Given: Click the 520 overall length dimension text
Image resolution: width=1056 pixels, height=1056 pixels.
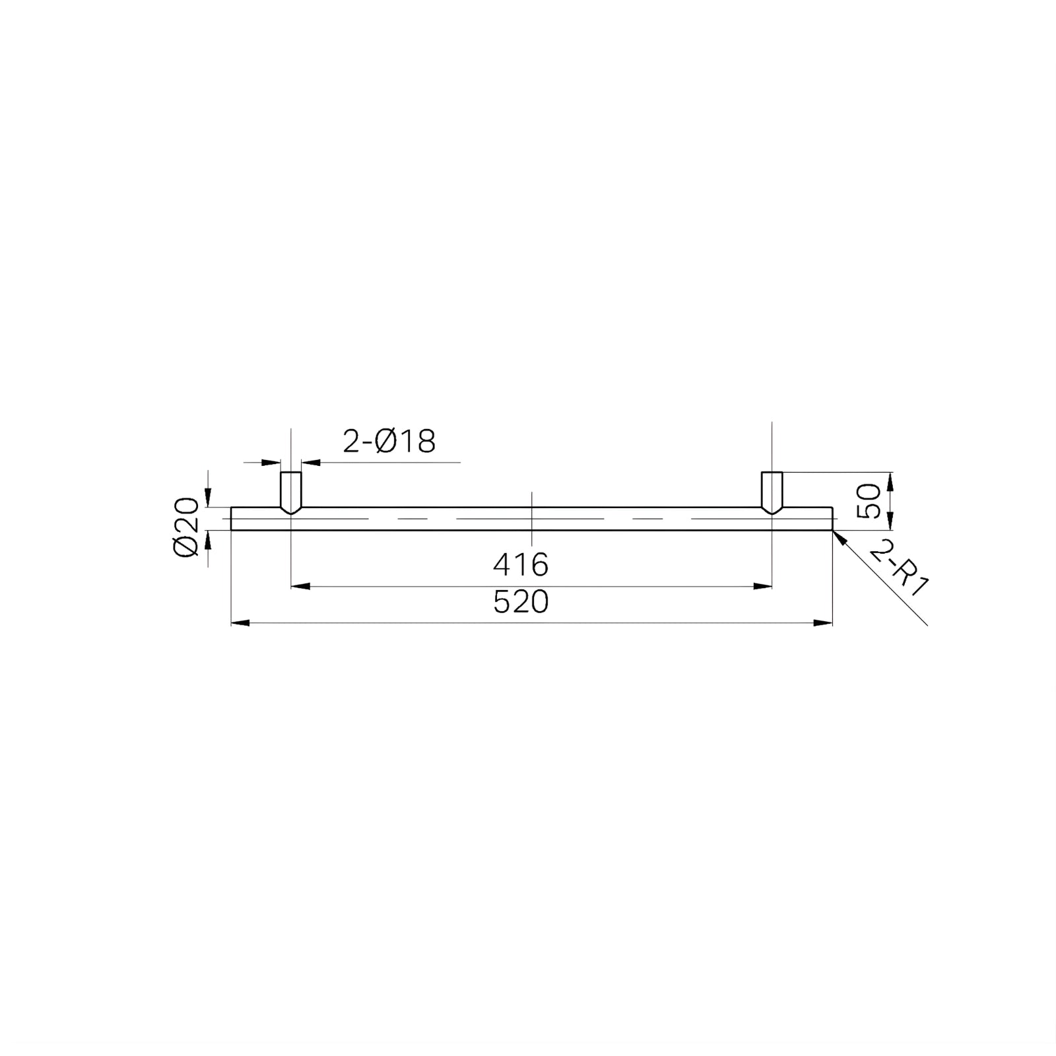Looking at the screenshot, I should [521, 603].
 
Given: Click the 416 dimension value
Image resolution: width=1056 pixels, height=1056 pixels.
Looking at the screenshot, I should [521, 564].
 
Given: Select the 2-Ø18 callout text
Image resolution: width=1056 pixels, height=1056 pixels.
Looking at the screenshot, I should [389, 442].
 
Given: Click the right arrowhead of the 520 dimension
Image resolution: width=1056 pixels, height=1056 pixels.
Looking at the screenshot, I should [823, 622].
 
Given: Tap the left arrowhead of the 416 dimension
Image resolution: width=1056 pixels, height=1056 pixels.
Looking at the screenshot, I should [300, 585].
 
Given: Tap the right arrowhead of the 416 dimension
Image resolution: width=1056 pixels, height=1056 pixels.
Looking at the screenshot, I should [763, 585].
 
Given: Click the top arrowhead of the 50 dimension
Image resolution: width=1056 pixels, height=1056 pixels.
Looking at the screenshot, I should [891, 480].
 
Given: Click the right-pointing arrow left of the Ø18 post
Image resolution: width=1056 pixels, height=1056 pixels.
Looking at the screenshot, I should [272, 463].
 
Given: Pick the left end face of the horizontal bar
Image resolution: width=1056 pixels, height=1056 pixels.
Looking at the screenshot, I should [231, 518].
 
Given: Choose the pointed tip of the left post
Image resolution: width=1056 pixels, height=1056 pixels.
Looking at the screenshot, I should [291, 513].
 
